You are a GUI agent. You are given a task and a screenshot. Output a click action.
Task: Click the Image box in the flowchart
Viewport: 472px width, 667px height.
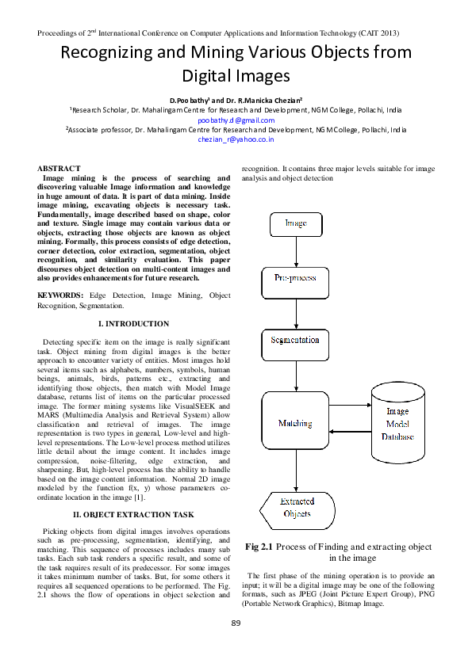[x=295, y=223]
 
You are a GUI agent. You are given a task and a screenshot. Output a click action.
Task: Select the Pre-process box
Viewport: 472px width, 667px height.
[x=295, y=279]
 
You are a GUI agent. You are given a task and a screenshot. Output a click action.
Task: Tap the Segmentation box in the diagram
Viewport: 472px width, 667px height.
[x=295, y=341]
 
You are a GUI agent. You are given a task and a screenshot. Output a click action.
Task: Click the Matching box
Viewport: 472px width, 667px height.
[x=295, y=424]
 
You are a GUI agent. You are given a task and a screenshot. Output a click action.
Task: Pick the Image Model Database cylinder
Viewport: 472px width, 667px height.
[x=397, y=424]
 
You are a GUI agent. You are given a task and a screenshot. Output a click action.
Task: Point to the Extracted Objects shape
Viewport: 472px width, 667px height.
[x=297, y=508]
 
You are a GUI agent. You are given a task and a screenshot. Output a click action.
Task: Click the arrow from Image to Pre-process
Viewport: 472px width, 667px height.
[x=295, y=251]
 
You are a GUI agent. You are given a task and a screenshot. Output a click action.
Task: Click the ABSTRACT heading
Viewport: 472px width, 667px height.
[x=59, y=169]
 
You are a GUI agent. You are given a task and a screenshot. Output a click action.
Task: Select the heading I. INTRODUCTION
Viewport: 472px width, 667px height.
[x=132, y=324]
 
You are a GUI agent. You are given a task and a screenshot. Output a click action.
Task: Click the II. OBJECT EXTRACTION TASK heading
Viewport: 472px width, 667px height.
[x=133, y=514]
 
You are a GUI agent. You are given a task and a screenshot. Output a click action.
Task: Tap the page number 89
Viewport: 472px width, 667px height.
[x=236, y=623]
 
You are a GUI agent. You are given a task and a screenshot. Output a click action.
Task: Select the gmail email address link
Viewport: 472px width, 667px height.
[x=236, y=120]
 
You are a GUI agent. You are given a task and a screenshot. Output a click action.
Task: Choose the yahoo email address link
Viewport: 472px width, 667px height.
[x=236, y=139]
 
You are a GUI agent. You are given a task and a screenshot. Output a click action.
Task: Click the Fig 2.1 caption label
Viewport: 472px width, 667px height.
[x=259, y=547]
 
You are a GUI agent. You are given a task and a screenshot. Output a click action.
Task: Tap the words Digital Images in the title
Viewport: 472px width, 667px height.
[x=236, y=77]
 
